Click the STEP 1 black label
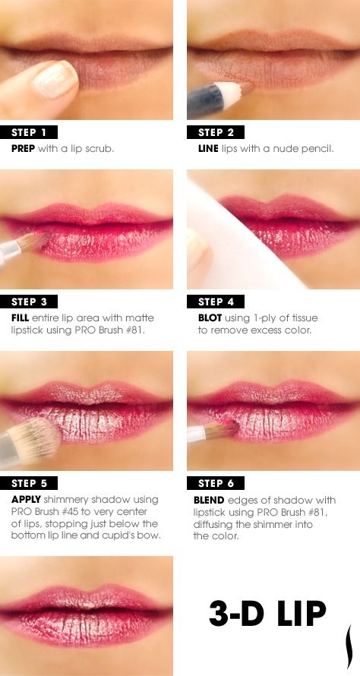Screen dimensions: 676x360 click(x=34, y=132)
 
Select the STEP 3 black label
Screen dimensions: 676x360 click(x=34, y=302)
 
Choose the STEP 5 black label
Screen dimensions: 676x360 click(x=34, y=483)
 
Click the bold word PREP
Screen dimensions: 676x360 click(x=24, y=149)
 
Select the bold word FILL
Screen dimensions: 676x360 click(x=21, y=318)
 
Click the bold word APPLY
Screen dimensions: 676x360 click(x=27, y=500)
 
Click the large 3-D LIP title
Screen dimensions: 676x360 click(x=267, y=611)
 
